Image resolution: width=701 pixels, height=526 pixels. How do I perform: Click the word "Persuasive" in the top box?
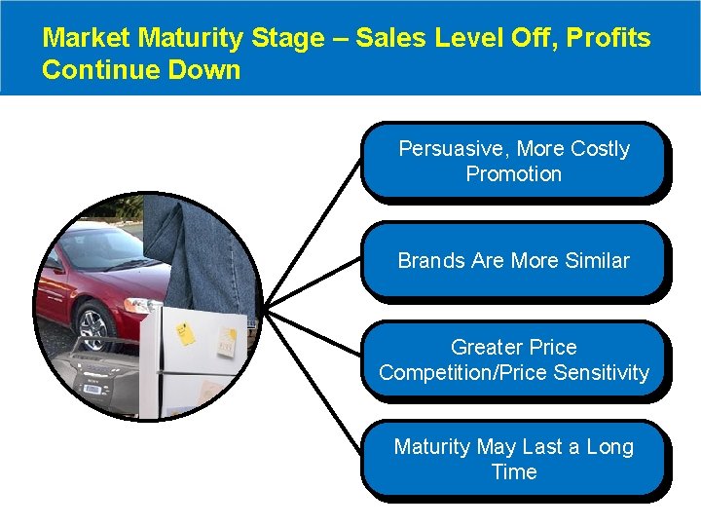coord(453,149)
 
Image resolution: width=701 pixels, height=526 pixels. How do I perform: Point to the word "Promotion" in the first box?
coord(513,174)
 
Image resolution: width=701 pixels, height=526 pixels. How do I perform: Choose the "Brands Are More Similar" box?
coord(513,261)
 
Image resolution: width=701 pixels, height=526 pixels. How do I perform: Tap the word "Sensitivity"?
coord(601,373)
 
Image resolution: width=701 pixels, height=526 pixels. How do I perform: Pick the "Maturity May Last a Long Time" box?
coord(513,459)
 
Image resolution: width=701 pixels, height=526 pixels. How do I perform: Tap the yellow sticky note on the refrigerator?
coord(185,334)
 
